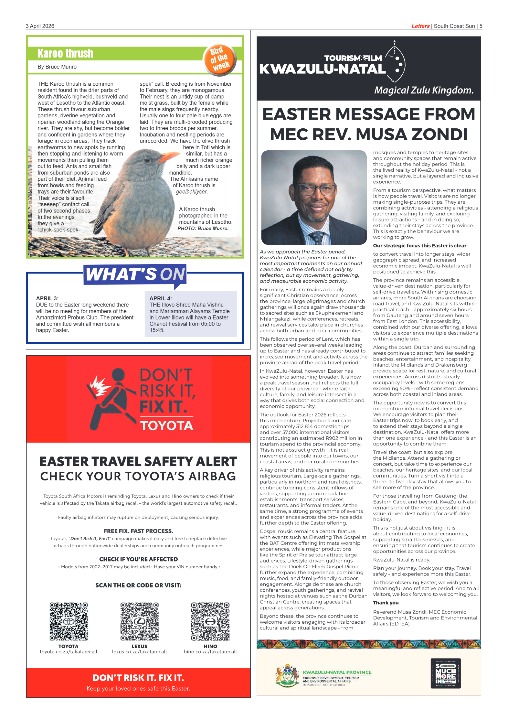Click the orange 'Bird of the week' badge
[x=220, y=59]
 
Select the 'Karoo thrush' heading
[x=65, y=53]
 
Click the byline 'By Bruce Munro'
[x=57, y=67]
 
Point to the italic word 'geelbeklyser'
[x=192, y=192]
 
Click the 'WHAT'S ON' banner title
[x=135, y=274]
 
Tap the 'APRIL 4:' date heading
[x=161, y=298]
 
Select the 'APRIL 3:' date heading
[x=47, y=298]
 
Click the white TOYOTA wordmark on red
[x=167, y=426]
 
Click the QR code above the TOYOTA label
[x=69, y=621]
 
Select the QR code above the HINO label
[x=210, y=621]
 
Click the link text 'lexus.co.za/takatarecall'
[x=139, y=652]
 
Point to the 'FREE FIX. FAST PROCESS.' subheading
[x=138, y=531]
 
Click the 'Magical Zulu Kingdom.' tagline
[x=424, y=90]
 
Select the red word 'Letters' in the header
[x=420, y=26]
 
